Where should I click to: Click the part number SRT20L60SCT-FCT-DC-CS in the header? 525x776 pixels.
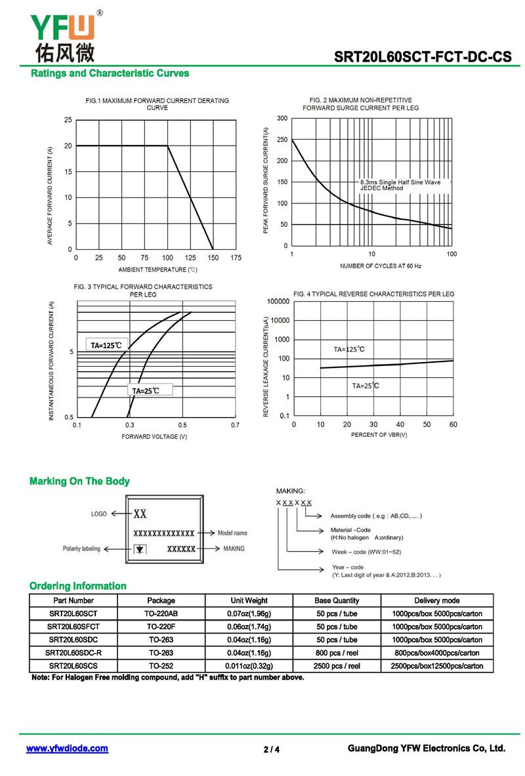click(x=423, y=56)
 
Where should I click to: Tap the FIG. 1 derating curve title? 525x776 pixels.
click(x=157, y=104)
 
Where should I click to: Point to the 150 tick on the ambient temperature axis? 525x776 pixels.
click(x=213, y=258)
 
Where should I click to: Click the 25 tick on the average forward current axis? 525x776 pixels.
click(x=68, y=120)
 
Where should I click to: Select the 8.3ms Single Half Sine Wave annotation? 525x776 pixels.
click(x=400, y=182)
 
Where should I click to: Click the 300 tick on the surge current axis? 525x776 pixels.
click(x=282, y=118)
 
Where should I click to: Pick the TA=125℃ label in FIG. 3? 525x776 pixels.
click(x=106, y=345)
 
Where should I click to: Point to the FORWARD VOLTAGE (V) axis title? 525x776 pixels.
click(x=154, y=436)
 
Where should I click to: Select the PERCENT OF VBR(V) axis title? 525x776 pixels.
click(x=379, y=434)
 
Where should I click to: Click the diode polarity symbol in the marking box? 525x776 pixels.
click(x=140, y=549)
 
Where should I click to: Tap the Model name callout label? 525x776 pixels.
click(x=232, y=533)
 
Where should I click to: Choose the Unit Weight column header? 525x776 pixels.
click(x=249, y=600)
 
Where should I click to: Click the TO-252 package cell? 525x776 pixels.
click(x=161, y=666)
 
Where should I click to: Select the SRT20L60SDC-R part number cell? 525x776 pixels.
click(x=73, y=653)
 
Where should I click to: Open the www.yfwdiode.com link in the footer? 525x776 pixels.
click(x=67, y=748)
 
